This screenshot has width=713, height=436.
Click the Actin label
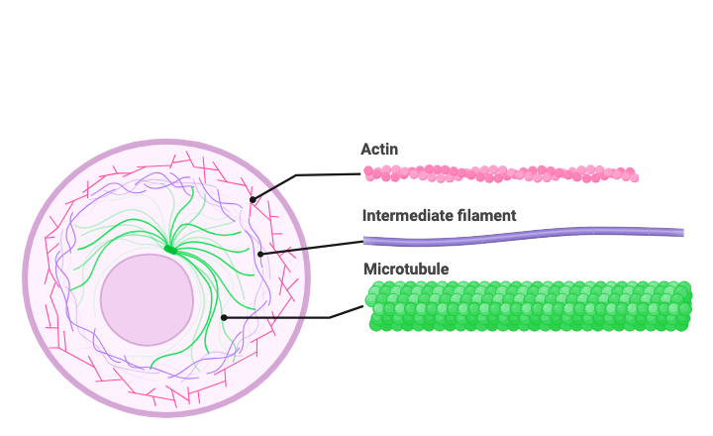click(379, 149)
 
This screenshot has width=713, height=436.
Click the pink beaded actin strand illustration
click(500, 174)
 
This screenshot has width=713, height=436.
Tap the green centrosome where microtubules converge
click(170, 250)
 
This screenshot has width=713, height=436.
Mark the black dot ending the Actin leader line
click(253, 200)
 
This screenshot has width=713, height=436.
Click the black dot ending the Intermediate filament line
click(260, 255)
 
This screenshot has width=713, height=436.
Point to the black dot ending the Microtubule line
click(225, 317)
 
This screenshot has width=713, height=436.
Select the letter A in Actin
click(365, 149)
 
